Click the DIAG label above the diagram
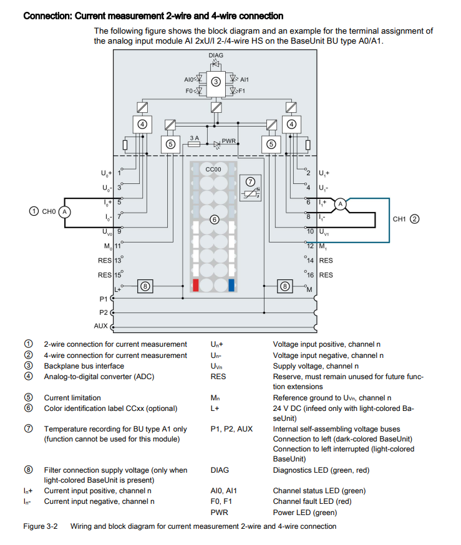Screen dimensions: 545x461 pos(216,55)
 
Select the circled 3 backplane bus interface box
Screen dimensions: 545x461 pos(216,82)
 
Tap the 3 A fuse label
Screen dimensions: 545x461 pos(194,137)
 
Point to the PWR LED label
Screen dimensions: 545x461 pos(228,141)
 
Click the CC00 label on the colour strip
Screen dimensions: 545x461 pos(213,170)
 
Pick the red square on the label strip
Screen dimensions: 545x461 pos(196,286)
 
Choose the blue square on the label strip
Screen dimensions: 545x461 pos(231,286)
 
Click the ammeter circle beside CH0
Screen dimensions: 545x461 pos(64,211)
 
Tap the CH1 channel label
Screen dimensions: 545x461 pos(399,219)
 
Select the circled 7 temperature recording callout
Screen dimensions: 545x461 pos(250,181)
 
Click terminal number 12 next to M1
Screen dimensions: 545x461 pos(310,246)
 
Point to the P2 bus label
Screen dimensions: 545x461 pos(104,312)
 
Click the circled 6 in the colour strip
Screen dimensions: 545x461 pos(213,219)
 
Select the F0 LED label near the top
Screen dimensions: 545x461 pos(190,91)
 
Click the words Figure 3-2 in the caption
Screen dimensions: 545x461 pos(41,526)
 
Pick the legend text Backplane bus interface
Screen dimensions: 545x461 pos(84,366)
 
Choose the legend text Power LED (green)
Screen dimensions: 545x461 pos(304,513)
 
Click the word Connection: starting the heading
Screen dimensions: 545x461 pos(47,16)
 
